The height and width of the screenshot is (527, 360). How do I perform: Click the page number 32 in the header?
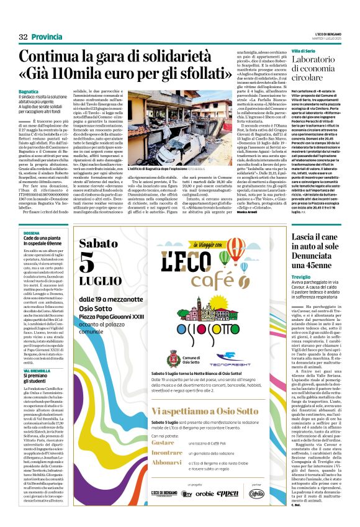click(x=24, y=37)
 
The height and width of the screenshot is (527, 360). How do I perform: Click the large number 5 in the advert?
click(x=86, y=264)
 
